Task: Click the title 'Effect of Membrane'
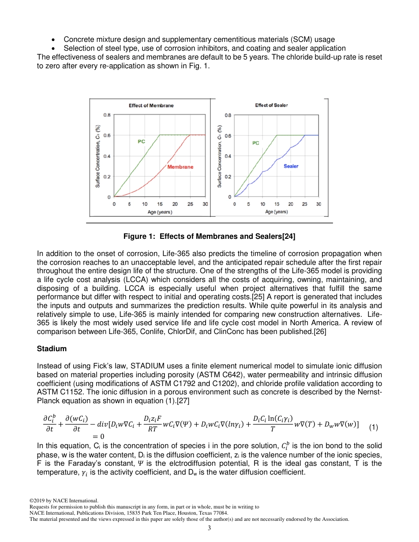pyautogui.click(x=151, y=106)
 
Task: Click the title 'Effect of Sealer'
pyautogui.click(x=271, y=105)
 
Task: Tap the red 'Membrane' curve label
pyautogui.click(x=180, y=167)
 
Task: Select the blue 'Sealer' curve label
pyautogui.click(x=291, y=166)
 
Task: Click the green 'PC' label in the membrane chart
pyautogui.click(x=141, y=141)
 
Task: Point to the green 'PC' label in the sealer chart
pyautogui.click(x=256, y=143)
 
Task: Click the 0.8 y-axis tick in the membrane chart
pyautogui.click(x=107, y=115)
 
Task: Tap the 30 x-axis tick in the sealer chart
pyautogui.click(x=318, y=204)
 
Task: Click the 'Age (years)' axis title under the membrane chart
pyautogui.click(x=159, y=212)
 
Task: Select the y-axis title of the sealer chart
pyautogui.click(x=220, y=156)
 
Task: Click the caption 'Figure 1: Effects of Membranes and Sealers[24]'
pyautogui.click(x=209, y=237)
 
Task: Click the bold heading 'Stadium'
pyautogui.click(x=52, y=349)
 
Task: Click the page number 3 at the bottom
pyautogui.click(x=209, y=528)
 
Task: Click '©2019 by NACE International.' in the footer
pyautogui.click(x=64, y=501)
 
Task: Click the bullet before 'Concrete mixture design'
pyautogui.click(x=53, y=40)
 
